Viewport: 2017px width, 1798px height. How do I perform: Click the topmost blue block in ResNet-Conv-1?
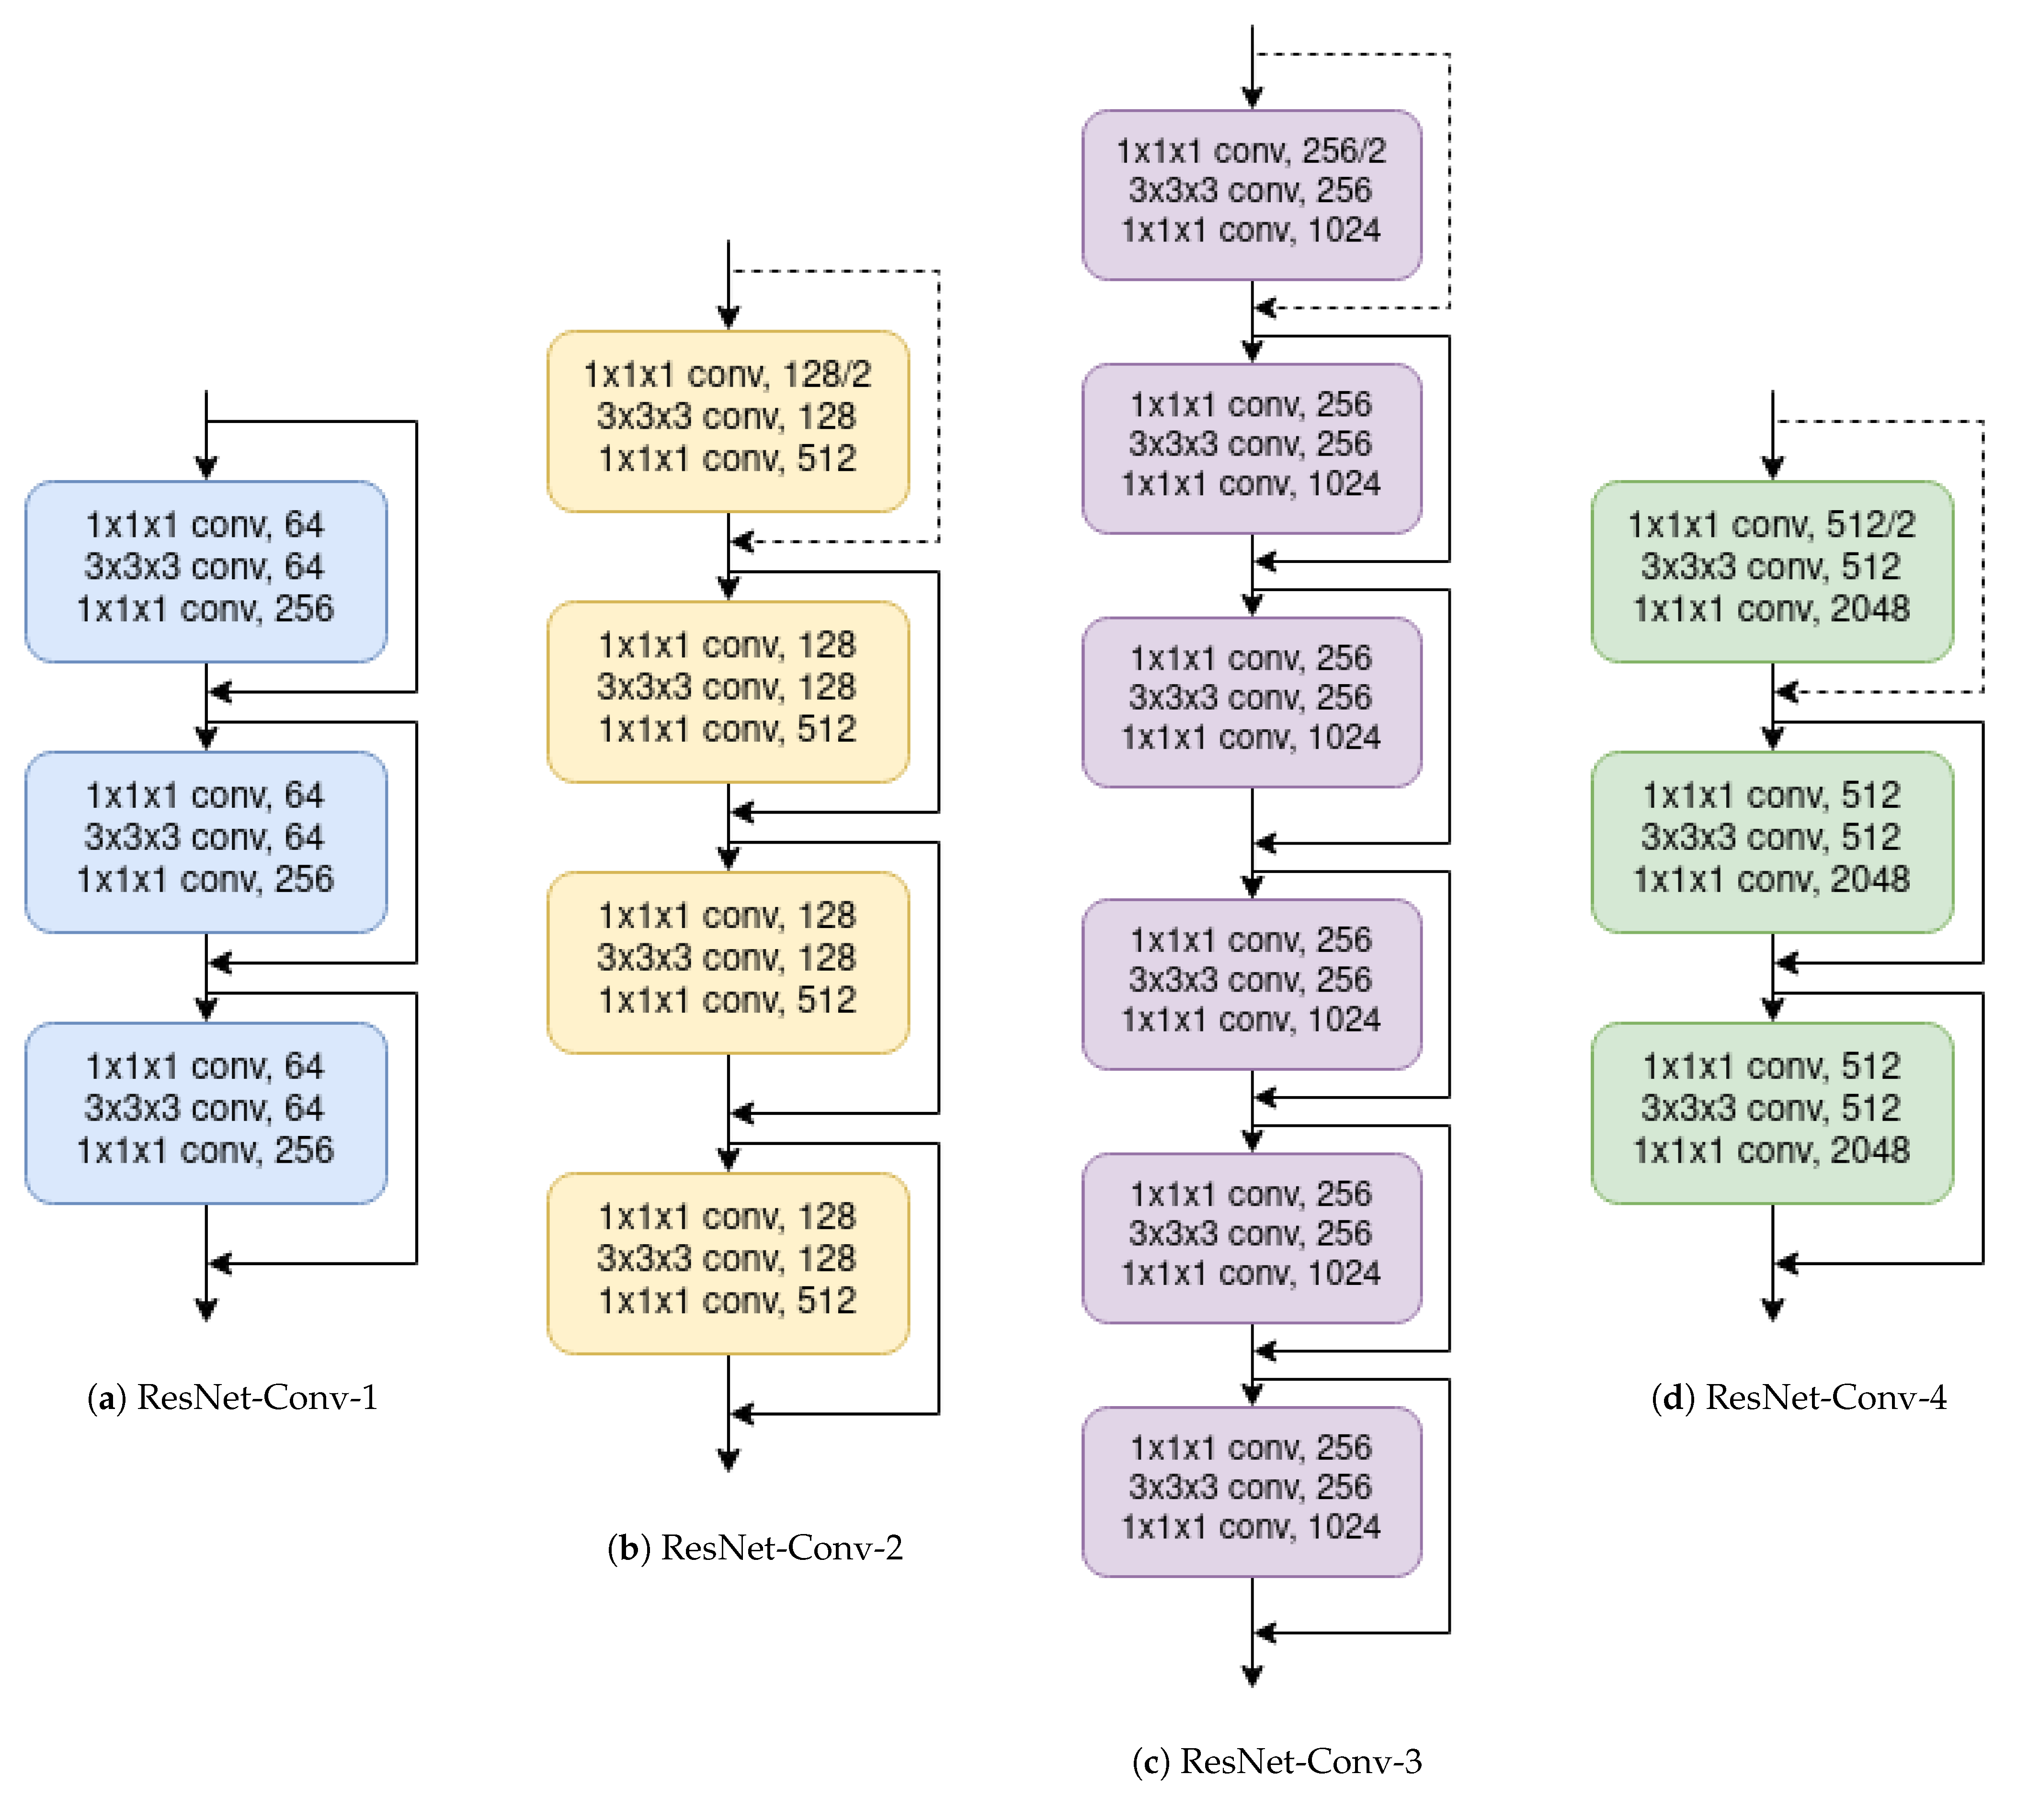pos(205,571)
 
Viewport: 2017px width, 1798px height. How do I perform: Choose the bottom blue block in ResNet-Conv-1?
pos(205,1112)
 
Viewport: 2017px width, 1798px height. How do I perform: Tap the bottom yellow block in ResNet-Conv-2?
pos(728,1262)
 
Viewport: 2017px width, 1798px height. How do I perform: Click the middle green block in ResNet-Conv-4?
pos(1772,842)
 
